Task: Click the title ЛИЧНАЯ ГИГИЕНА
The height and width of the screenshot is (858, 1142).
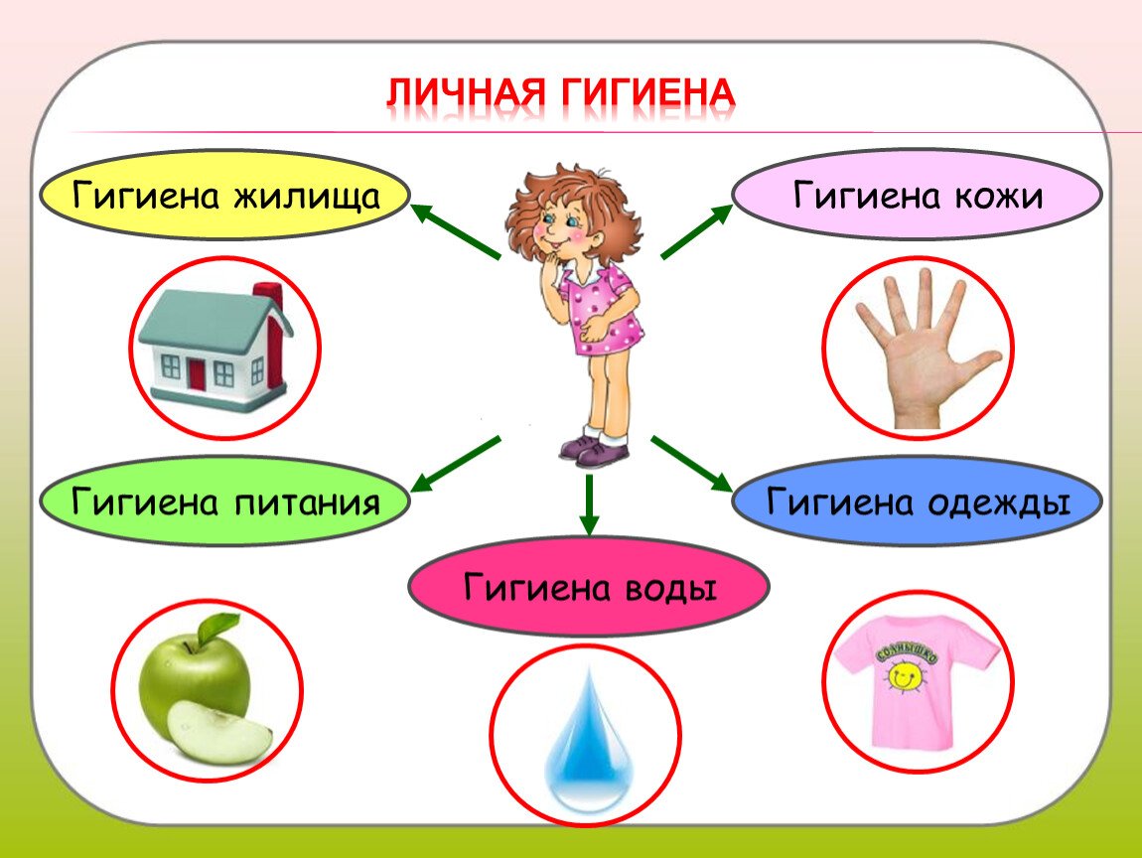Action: (x=560, y=92)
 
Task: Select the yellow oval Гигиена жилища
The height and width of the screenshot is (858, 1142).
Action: (x=224, y=196)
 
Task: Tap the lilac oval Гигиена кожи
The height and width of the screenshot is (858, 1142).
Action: (x=917, y=195)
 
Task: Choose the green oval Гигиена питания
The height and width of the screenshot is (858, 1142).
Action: (x=224, y=501)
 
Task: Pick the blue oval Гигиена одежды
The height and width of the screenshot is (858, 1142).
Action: (x=917, y=501)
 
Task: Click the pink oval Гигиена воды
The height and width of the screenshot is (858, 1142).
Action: (x=589, y=587)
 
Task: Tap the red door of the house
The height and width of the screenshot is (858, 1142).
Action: (x=197, y=374)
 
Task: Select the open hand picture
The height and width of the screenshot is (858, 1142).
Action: (x=920, y=349)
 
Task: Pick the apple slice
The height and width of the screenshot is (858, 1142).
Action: (x=219, y=733)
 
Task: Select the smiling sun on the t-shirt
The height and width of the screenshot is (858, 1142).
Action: (x=904, y=677)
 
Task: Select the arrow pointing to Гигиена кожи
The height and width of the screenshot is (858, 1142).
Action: (x=696, y=231)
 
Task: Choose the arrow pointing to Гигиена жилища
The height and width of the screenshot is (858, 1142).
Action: (x=456, y=231)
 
